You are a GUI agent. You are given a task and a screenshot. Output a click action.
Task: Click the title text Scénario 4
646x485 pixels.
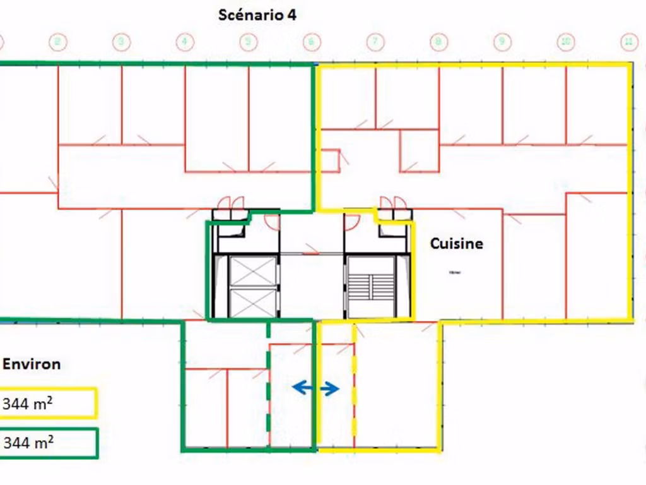(x=257, y=15)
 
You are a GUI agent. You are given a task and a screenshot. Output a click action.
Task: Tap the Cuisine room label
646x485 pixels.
(x=457, y=243)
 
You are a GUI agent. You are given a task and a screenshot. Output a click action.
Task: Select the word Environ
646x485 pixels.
(x=32, y=364)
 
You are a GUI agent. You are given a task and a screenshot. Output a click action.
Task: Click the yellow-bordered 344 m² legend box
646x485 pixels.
(x=48, y=404)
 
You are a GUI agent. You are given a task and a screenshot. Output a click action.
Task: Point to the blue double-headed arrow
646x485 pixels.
(x=315, y=388)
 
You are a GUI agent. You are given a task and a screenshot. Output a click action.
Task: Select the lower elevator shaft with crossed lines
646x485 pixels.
(x=253, y=302)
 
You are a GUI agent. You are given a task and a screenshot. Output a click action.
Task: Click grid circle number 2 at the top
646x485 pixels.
(x=58, y=42)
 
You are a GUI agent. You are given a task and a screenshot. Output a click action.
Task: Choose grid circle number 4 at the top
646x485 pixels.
(x=184, y=42)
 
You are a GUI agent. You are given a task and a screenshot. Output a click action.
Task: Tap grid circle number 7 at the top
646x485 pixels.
(x=375, y=42)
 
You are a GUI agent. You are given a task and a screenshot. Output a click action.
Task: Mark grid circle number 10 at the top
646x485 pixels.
(x=566, y=42)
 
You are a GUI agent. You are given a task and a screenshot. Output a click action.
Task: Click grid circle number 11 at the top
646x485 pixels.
(x=628, y=42)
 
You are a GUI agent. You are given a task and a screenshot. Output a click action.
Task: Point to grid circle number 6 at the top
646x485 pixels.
(x=311, y=42)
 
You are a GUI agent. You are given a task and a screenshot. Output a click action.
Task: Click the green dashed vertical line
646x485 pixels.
(x=269, y=385)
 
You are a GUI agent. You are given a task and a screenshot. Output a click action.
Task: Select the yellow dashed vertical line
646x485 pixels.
(x=354, y=385)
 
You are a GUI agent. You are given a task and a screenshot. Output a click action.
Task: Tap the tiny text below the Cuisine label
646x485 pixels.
(x=455, y=273)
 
